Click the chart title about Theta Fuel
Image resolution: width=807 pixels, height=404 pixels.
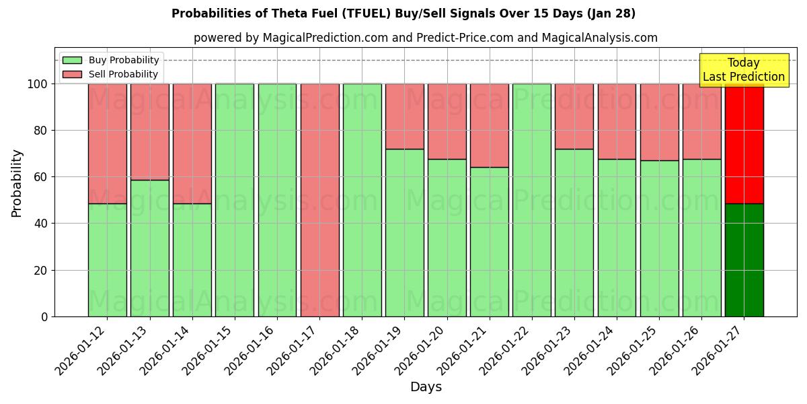403,13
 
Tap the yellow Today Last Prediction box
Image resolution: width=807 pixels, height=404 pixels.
744,70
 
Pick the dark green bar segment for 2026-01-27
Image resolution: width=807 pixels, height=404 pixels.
744,260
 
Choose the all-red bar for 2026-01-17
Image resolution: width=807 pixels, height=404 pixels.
319,200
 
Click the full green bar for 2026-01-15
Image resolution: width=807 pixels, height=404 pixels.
235,200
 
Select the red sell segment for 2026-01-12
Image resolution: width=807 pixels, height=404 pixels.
108,143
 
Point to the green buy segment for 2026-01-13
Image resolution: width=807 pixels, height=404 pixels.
150,248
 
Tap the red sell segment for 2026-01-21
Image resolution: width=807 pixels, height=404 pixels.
490,125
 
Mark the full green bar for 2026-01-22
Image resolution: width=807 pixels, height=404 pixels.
532,200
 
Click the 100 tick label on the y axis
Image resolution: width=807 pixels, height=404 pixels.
38,84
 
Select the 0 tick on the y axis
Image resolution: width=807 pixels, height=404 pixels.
44,316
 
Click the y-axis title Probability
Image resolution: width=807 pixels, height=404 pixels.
17,182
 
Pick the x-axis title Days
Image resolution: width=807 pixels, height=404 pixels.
426,387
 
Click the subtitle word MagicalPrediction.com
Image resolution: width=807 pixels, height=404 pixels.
331,38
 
